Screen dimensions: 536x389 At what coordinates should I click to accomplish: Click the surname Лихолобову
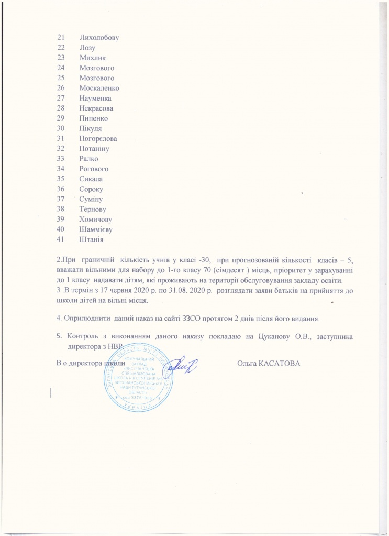(x=100, y=38)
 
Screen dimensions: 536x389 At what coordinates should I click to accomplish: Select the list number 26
(x=60, y=88)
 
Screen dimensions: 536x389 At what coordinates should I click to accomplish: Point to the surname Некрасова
(x=96, y=108)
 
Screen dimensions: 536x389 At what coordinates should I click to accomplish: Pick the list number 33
(x=60, y=159)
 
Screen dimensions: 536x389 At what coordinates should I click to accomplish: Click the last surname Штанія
(x=92, y=239)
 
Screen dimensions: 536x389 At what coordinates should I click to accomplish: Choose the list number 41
(x=60, y=239)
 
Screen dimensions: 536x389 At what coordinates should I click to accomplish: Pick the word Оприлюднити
(x=86, y=318)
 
